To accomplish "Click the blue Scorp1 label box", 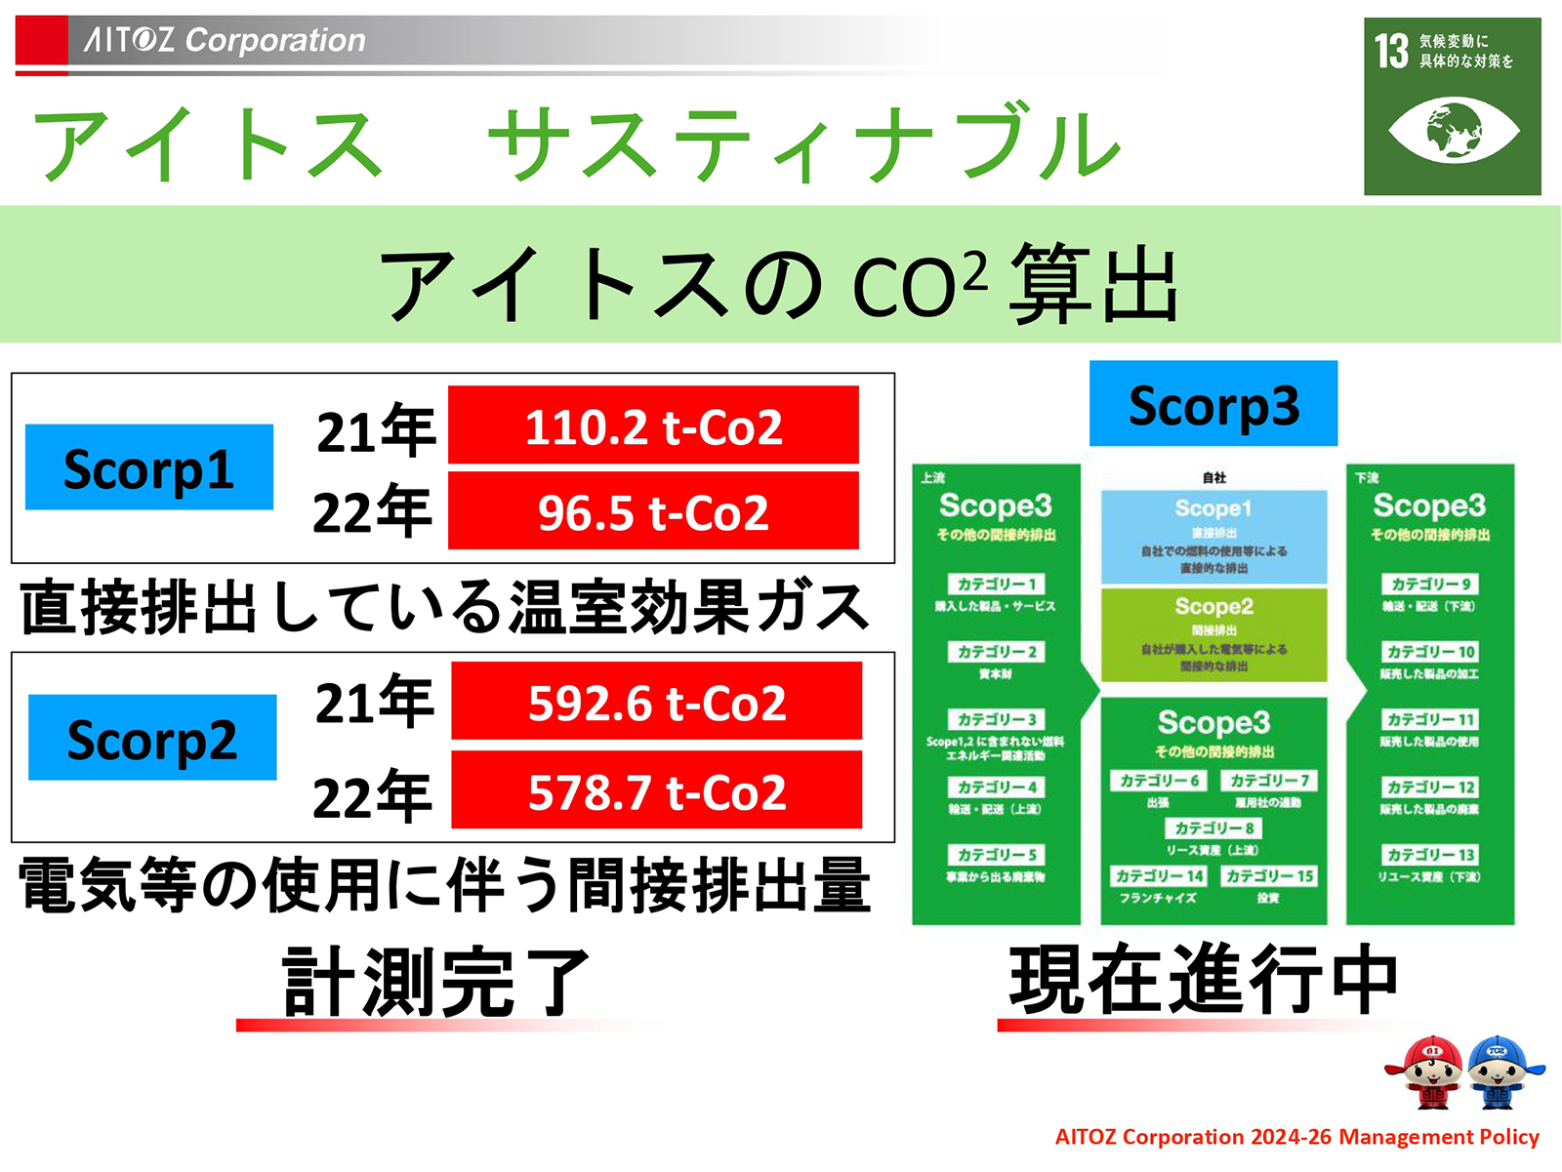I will coord(148,467).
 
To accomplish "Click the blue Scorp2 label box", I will coord(152,738).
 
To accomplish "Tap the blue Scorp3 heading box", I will coord(1213,404).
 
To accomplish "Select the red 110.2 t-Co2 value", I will coord(653,425).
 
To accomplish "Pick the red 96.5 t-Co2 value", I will coord(653,511).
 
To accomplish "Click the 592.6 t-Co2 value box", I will coord(656,702).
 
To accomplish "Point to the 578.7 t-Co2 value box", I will coord(656,790).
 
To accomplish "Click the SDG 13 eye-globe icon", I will coord(1453,130).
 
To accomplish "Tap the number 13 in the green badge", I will coord(1390,52).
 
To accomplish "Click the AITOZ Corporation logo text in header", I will coord(225,40).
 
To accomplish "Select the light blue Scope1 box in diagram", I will coord(1213,536).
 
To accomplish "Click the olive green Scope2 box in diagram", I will coord(1213,634).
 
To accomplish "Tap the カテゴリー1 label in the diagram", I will coord(996,584).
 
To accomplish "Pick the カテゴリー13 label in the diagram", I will coord(1430,855).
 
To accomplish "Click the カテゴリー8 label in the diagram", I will coord(1213,828).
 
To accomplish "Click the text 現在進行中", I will coord(1204,980).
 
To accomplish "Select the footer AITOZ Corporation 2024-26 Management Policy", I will coord(1296,1137).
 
